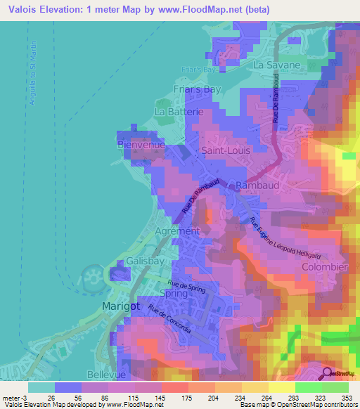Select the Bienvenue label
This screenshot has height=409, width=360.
click(x=141, y=144)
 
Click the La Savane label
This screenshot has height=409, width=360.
click(x=277, y=65)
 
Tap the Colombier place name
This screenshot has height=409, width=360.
click(x=323, y=268)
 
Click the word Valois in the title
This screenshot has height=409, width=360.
click(x=23, y=10)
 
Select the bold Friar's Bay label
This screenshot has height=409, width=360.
click(x=197, y=89)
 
